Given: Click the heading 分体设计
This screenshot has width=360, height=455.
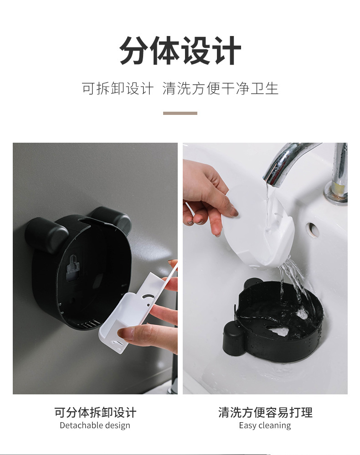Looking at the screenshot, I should click(180, 51).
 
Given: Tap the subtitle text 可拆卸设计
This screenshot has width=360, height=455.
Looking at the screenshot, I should click(118, 88).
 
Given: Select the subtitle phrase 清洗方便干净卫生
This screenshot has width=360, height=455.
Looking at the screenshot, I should click(220, 88).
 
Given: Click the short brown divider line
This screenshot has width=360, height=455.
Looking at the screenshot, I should click(180, 113).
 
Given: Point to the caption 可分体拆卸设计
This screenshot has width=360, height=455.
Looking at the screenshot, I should click(95, 413).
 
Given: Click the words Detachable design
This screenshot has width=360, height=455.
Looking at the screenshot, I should click(95, 425).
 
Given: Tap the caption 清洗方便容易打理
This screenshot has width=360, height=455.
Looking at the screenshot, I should click(265, 413).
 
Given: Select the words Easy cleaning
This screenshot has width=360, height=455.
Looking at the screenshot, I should click(265, 425).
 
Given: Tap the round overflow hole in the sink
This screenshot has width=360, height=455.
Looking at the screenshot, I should click(313, 228).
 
